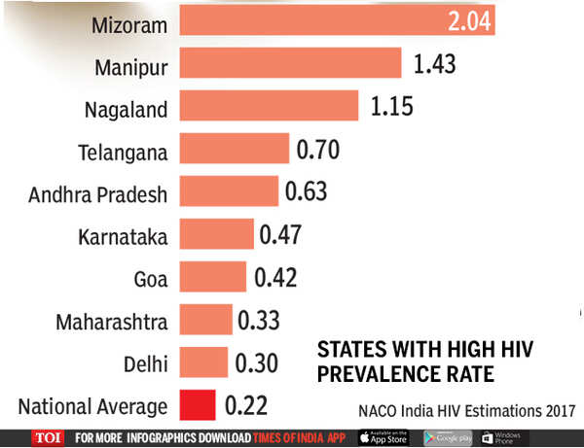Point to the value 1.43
pos(434,64)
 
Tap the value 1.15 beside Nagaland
pos(390,107)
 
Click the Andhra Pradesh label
pos(98,193)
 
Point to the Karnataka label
pos(122,235)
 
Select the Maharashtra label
pos(112,321)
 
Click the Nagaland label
pos(126,108)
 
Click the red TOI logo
pos(47,436)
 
